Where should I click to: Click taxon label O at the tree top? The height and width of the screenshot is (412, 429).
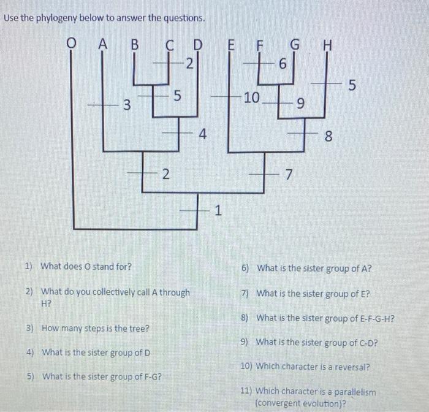pos(73,44)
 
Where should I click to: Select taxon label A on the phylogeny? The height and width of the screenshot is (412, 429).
pos(102,44)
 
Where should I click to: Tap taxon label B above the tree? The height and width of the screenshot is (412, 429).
pos(134,44)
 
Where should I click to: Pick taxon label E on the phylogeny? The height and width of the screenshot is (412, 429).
pos(231,44)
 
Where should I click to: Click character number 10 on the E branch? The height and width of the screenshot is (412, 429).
pos(252,97)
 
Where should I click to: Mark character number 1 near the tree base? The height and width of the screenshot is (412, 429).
pos(217,212)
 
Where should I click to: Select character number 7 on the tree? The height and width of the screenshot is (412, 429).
pos(288,176)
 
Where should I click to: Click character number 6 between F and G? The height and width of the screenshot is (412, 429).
pos(283,64)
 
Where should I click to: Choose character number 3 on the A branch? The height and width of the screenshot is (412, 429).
pos(126,105)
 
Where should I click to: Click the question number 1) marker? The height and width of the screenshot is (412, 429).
pos(29,267)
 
